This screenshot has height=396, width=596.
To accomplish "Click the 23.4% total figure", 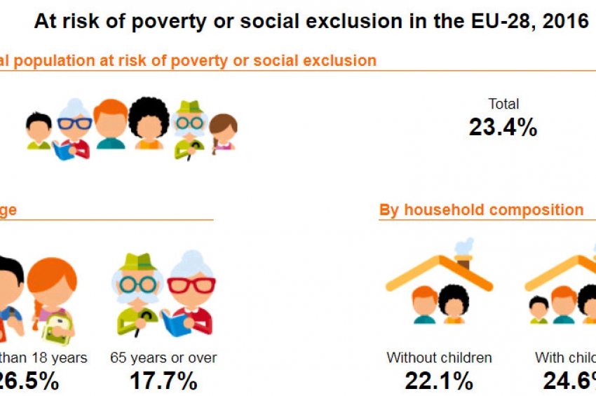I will click(x=503, y=127).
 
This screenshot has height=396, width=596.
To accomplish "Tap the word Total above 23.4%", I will click(x=503, y=104).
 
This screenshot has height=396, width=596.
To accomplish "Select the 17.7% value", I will click(x=163, y=381).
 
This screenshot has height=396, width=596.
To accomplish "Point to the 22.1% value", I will click(x=439, y=381).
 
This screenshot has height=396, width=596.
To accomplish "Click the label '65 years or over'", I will click(x=163, y=357).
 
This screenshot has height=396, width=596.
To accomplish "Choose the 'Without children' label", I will click(x=439, y=357).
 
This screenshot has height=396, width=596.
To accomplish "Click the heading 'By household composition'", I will click(x=481, y=210).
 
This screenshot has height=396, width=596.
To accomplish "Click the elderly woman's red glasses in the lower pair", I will click(x=191, y=285).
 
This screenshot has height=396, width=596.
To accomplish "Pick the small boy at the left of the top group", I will click(x=39, y=130).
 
